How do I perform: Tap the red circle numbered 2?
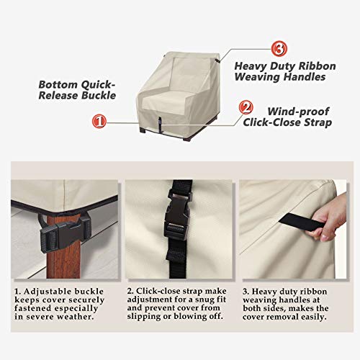246,109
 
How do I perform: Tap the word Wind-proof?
298,112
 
